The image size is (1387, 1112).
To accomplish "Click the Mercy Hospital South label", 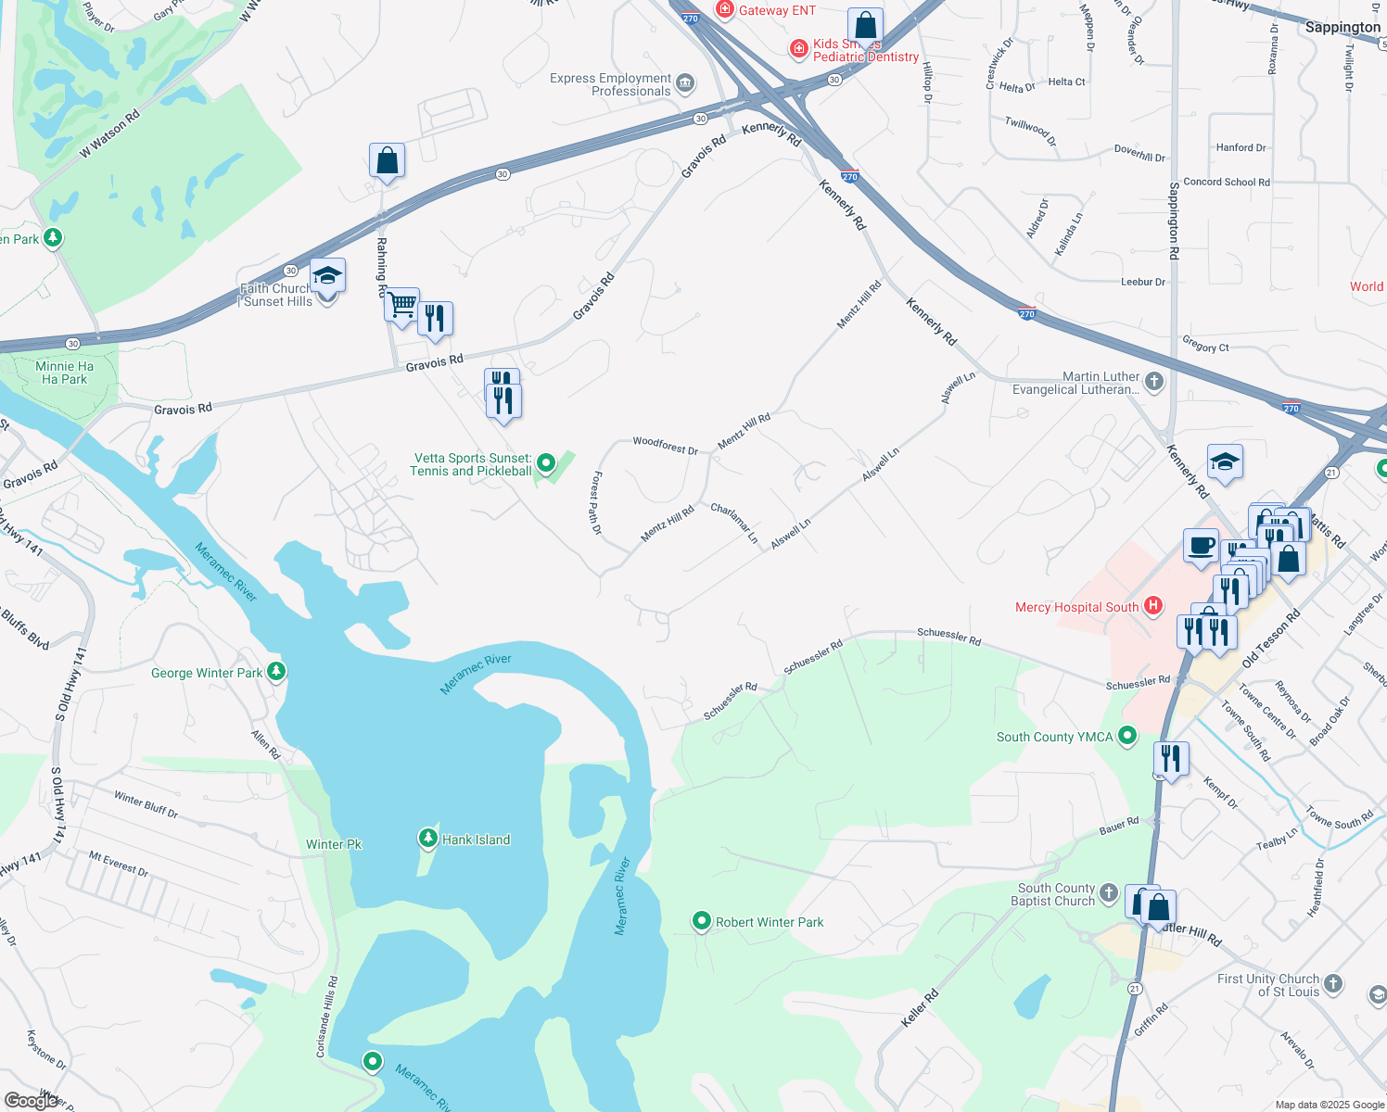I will coord(1076,608).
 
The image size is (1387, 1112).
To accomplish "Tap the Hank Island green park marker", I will coord(427,839).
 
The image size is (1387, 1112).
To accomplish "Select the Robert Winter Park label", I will coord(770,922).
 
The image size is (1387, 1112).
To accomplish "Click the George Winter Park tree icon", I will coord(276,672).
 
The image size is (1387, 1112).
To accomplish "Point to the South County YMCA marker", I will coord(1127,736).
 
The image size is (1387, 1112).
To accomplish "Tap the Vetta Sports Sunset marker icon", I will coord(546,461).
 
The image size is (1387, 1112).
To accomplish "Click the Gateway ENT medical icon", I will coord(724,10).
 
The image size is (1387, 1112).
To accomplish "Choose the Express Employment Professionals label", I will coord(610,84).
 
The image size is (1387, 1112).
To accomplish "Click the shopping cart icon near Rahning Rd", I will coord(401,304).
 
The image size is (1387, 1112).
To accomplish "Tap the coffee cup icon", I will coord(1201,546).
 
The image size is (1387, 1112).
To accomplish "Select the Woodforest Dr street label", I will coord(665,446).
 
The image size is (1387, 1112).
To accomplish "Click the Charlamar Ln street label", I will coord(734,523).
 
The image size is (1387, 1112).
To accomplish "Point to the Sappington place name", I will coord(1342,27).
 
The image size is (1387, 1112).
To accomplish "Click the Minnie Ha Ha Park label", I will coord(64,373).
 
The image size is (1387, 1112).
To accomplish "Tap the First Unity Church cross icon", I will coord(1333,983).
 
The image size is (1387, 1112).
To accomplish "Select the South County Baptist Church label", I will coord(1056,894).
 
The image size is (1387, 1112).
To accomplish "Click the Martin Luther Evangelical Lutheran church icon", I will coord(1153,381).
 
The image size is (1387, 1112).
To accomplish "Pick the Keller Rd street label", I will coord(920,1008).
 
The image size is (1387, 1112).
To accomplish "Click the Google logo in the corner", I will coord(31,1100).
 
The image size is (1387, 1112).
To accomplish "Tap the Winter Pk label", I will coord(334,844).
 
